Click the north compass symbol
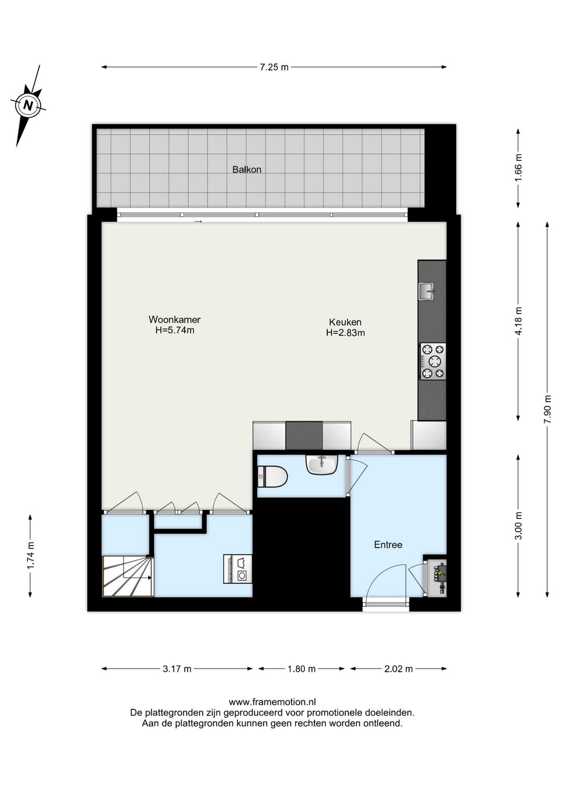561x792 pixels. coord(28,105)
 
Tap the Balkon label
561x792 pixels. coord(247,170)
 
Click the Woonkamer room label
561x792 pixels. coord(175,320)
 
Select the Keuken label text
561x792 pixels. coord(345,322)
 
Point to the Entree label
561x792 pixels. coord(388,544)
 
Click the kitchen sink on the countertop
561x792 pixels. coord(427,291)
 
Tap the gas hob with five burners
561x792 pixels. coord(432,361)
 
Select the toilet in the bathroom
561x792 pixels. coord(272,476)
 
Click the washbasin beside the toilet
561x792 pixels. coord(322,464)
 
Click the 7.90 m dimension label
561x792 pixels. coord(547,409)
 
